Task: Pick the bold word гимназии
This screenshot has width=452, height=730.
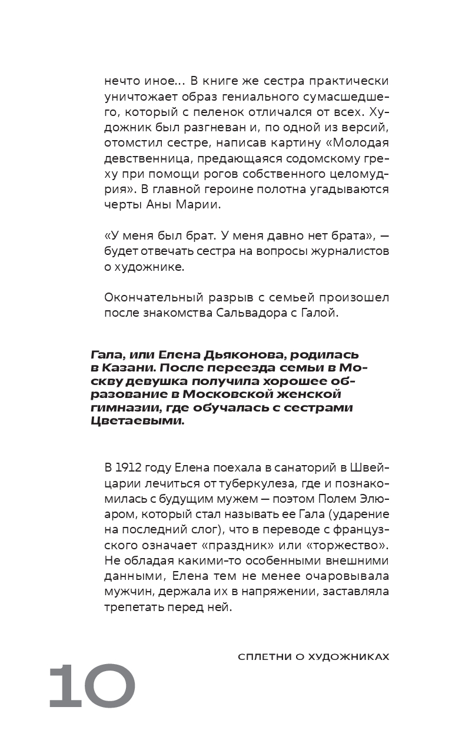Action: (121, 408)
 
